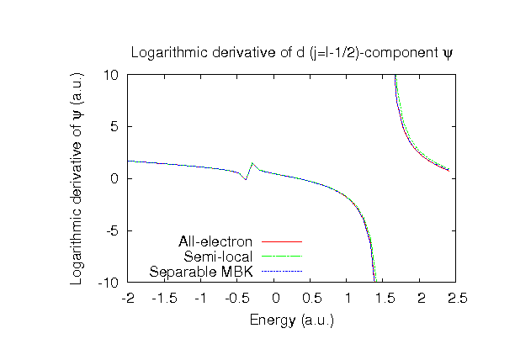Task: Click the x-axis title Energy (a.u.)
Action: click(x=292, y=320)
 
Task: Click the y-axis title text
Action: click(x=76, y=178)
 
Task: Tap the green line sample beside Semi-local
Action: click(x=281, y=257)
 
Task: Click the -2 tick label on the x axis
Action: click(x=128, y=299)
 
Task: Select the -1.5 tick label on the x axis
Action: click(x=164, y=299)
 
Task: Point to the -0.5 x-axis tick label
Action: click(x=236, y=299)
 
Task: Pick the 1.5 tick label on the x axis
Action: click(x=384, y=299)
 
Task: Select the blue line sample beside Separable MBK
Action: click(x=281, y=272)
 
